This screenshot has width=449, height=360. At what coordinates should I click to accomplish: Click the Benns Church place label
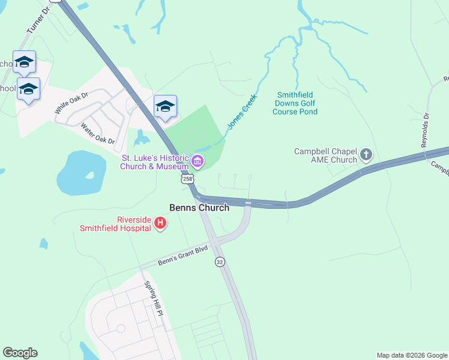(x=200, y=208)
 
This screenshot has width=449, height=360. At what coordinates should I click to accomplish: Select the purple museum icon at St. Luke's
(x=197, y=161)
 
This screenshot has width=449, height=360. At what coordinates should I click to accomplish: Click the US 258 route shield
(x=187, y=179)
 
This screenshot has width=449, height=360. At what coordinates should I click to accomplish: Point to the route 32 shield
(x=220, y=262)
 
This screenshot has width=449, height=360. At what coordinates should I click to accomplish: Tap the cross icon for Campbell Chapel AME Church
(x=366, y=156)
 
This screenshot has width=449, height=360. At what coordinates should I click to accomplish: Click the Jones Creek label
(x=242, y=111)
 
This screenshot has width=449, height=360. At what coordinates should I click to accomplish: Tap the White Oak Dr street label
(x=71, y=103)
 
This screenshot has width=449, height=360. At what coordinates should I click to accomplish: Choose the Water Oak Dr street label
(x=97, y=134)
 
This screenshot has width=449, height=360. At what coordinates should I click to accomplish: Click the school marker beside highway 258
(x=165, y=107)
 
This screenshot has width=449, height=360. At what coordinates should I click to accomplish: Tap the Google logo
(x=20, y=353)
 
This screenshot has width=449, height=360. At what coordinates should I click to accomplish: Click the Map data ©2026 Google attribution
(x=412, y=355)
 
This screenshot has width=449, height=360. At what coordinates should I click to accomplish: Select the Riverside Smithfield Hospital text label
(x=116, y=223)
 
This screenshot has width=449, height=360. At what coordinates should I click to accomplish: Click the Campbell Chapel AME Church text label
(x=325, y=156)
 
